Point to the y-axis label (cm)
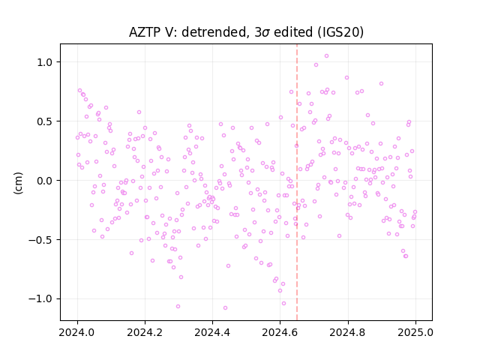pos(18,183)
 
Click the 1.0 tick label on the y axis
pos(45,62)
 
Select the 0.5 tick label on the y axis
pos(45,121)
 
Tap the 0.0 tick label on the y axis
pos(45,181)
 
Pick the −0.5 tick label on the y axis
pos(41,240)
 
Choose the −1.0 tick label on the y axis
pos(41,298)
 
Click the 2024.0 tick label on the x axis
pos(77,332)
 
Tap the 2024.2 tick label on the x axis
pos(145,332)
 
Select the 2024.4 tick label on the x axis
pos(212,332)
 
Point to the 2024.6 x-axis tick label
pos(280,332)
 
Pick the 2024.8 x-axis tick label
pos(348,332)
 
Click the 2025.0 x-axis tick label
pos(415,332)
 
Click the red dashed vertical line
pos(297,182)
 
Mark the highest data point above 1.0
pos(327,55)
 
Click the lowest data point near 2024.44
pos(225,307)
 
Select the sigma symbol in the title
pos(266,33)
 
